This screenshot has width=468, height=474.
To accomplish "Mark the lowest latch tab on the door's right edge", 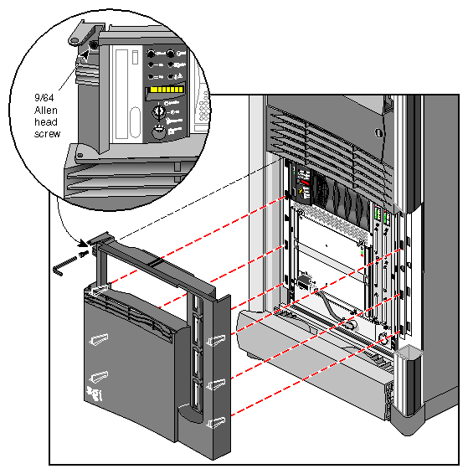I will pos(217,421).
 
